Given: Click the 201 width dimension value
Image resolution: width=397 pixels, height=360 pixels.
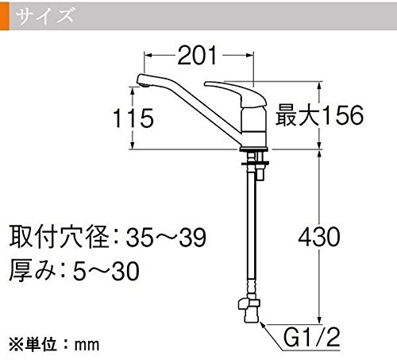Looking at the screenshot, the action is [x=197, y=56].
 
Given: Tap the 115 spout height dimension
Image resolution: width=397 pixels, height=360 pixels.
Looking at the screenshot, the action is [x=133, y=118].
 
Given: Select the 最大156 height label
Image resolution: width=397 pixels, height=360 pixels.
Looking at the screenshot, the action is [x=319, y=115].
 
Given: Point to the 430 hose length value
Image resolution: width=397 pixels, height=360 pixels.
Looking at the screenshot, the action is [x=319, y=237].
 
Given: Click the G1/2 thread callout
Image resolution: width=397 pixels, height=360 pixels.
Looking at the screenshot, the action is [x=311, y=338].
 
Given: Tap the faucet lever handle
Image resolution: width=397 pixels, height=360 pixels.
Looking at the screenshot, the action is [x=235, y=93].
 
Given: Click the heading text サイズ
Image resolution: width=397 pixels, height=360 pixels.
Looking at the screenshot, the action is [x=44, y=15].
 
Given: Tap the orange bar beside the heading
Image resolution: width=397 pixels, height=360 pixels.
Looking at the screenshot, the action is [x=5, y=17].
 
